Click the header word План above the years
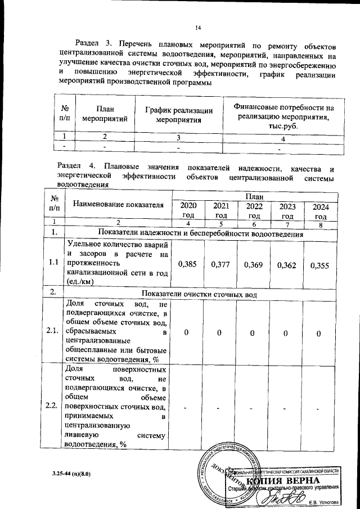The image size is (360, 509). point(254,196)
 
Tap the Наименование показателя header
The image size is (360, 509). point(118,204)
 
